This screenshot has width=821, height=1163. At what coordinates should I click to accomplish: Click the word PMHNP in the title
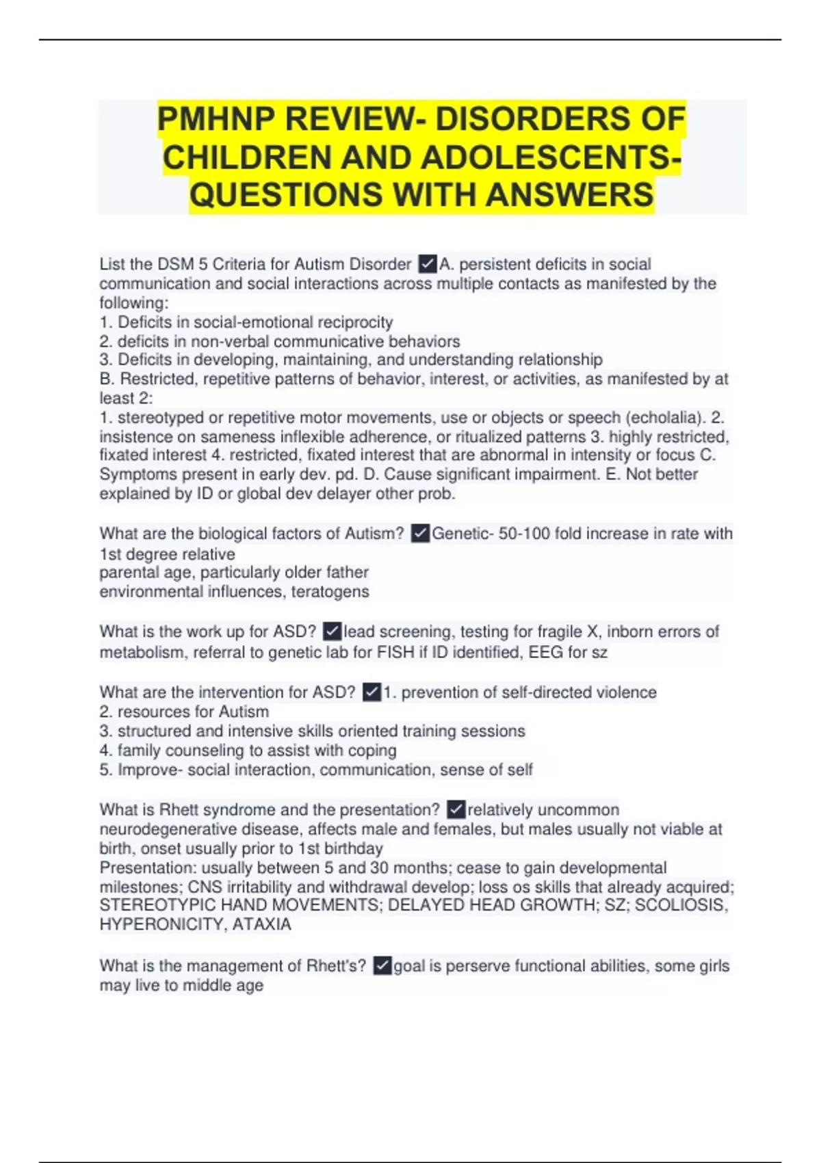tap(216, 120)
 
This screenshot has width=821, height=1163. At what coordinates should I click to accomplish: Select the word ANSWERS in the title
tap(570, 195)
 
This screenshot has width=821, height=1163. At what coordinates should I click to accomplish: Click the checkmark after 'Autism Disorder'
tap(427, 264)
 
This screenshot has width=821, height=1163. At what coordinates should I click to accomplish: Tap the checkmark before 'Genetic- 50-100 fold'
tap(420, 534)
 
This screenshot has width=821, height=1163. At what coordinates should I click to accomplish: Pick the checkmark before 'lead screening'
tap(332, 631)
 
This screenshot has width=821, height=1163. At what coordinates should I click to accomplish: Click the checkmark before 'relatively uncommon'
tap(456, 810)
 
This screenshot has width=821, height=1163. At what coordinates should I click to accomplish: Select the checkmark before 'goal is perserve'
tap(382, 966)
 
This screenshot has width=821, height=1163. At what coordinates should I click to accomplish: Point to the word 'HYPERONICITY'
tap(162, 925)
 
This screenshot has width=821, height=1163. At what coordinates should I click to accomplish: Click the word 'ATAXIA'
tap(262, 925)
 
